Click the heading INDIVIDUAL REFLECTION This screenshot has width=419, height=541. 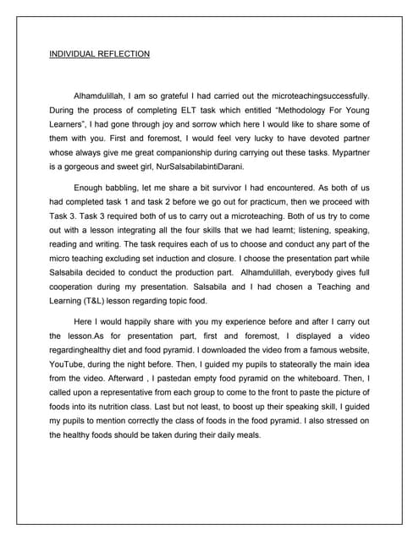pyautogui.click(x=99, y=54)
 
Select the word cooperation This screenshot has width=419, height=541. pyautogui.click(x=76, y=287)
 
